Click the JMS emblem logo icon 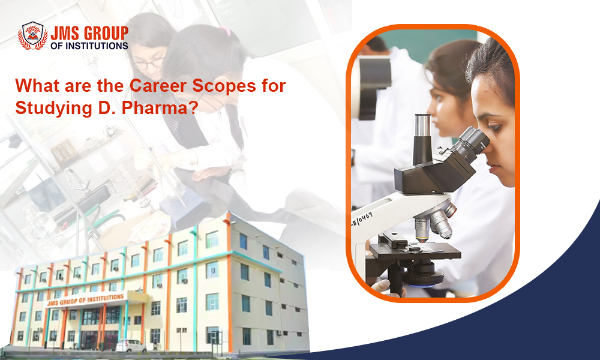[32, 36]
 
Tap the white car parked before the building [130, 346]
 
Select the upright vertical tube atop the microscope [422, 138]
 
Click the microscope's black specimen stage [414, 250]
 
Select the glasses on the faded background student [147, 62]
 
